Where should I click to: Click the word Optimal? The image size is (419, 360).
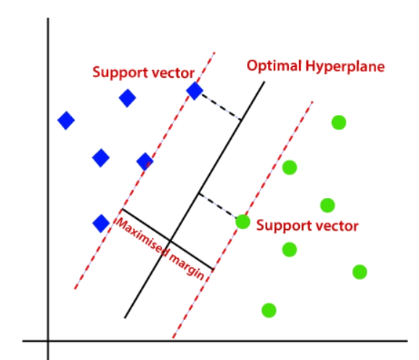tap(274, 66)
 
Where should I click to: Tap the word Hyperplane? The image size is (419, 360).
tap(345, 67)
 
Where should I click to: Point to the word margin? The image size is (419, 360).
tap(187, 266)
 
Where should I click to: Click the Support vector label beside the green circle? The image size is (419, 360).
tap(307, 226)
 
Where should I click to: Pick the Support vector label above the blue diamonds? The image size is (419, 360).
tap(143, 73)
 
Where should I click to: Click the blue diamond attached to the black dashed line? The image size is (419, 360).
tap(195, 91)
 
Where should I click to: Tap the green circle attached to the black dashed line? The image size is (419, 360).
tap(243, 222)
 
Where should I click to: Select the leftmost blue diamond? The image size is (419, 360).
tap(66, 121)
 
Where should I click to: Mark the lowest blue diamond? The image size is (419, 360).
tap(101, 223)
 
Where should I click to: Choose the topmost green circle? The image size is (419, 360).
tap(339, 123)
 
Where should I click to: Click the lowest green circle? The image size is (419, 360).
tap(269, 311)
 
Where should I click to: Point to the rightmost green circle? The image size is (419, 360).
tap(359, 272)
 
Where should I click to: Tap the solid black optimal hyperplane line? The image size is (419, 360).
tap(195, 200)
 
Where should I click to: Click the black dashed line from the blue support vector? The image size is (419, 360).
tap(221, 106)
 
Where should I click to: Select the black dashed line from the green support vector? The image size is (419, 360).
tap(218, 205)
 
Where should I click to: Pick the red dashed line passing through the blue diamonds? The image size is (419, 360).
tap(145, 170)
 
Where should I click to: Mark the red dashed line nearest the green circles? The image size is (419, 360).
tap(243, 220)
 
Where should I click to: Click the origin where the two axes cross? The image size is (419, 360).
tap(48, 341)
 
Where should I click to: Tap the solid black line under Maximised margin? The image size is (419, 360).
tap(168, 239)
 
